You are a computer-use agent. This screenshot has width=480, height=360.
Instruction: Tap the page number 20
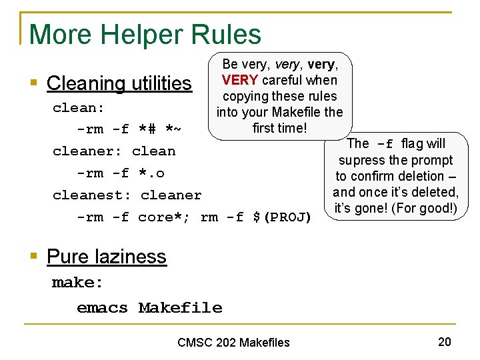[445, 342]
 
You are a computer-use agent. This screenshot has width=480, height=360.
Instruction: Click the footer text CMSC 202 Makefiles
[233, 343]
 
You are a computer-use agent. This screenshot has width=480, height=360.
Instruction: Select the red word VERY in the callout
[240, 80]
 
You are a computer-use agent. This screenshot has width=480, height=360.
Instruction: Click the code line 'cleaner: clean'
[114, 151]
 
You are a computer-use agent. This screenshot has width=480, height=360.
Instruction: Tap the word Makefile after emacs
[180, 308]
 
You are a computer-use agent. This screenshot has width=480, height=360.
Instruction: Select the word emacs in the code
[102, 308]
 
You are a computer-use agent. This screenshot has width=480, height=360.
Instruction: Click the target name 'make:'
[78, 283]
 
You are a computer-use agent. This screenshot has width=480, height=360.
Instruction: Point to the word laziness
[131, 257]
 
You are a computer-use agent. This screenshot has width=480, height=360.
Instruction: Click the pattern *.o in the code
[151, 173]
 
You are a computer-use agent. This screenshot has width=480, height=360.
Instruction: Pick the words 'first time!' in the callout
[279, 127]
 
